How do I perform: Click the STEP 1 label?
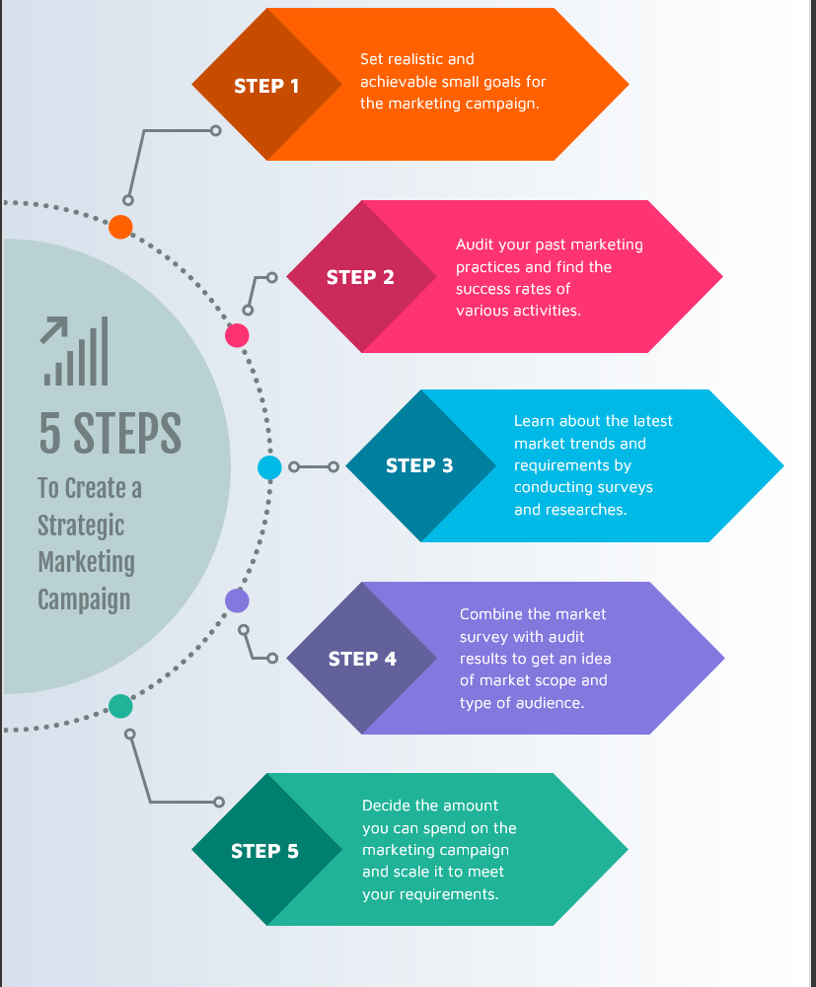[266, 86]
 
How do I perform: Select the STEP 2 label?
[360, 277]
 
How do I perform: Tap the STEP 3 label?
[419, 465]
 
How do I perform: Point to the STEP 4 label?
[362, 659]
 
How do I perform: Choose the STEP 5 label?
[264, 851]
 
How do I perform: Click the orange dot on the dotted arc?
[120, 227]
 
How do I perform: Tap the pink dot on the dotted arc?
[237, 336]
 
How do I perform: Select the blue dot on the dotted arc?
[269, 467]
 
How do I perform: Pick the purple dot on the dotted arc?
[237, 599]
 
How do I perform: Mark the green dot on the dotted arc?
[120, 706]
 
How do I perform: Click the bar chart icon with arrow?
[75, 351]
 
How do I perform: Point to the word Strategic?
[81, 526]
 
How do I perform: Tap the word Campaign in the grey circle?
[84, 599]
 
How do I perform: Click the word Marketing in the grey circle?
[86, 562]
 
